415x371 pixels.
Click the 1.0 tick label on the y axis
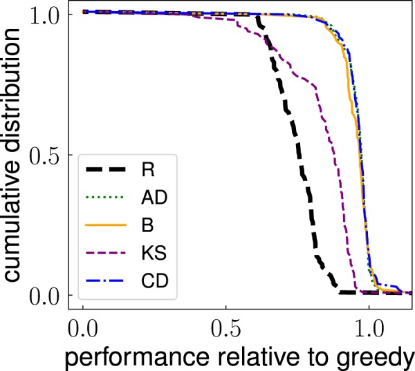(x=47, y=13)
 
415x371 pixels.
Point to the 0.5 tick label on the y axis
(x=47, y=154)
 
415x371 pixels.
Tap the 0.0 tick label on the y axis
(x=47, y=295)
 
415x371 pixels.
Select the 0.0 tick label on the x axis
(x=83, y=325)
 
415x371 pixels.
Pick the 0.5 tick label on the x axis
(x=225, y=325)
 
